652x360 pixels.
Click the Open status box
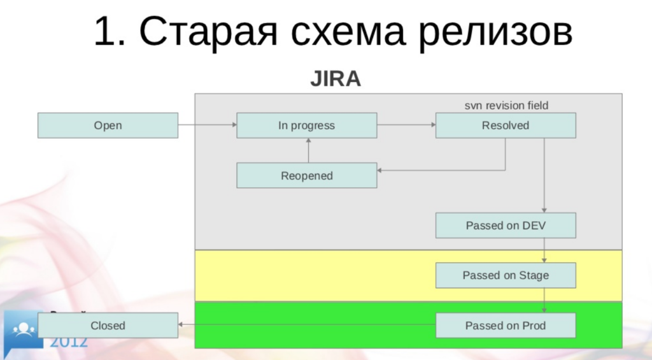point(108,126)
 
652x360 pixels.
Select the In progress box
point(306,126)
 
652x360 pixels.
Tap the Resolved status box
point(506,126)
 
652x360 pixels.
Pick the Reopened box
point(306,175)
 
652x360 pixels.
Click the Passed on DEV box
point(506,226)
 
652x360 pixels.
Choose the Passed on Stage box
point(506,275)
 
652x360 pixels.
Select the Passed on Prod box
point(506,326)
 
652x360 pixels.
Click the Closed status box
point(108,326)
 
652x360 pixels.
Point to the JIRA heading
point(336,79)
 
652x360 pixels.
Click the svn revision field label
point(506,105)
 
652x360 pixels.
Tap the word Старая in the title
point(204,32)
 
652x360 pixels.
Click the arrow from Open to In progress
point(207,126)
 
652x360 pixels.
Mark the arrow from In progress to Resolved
point(406,126)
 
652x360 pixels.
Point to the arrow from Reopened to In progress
point(308,150)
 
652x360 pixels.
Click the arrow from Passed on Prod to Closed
point(306,325)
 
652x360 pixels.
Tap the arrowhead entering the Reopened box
point(381,170)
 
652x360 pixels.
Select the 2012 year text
point(69,342)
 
